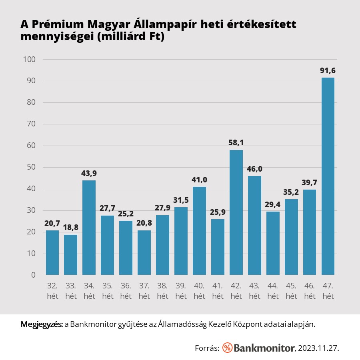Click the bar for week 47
[328, 176]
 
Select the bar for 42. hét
[236, 212]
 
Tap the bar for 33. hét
[70, 255]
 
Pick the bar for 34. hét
[89, 228]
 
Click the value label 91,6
[328, 71]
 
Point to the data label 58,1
[236, 143]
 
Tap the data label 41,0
[199, 180]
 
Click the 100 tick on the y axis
[30, 60]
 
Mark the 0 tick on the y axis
[33, 275]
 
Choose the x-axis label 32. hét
[52, 292]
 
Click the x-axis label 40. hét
[199, 292]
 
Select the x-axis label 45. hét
[291, 292]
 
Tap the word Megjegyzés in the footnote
[41, 324]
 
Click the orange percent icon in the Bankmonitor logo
[227, 348]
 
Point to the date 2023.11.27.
[318, 348]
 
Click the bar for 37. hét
[144, 253]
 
